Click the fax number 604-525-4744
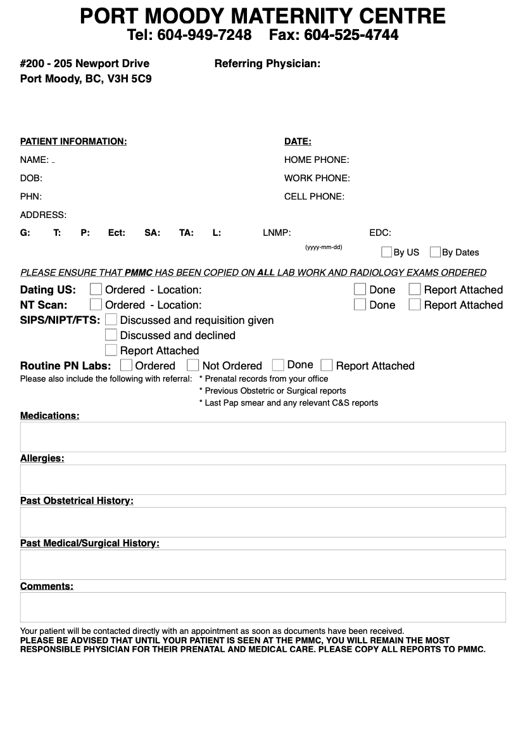[x=351, y=35]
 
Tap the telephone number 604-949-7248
[x=204, y=35]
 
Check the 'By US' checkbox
[x=386, y=252]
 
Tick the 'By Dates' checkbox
[x=435, y=252]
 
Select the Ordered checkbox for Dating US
[x=96, y=289]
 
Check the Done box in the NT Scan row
[x=360, y=304]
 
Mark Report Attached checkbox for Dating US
[x=415, y=289]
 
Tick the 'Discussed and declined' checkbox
[x=111, y=335]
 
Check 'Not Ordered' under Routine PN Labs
[x=193, y=365]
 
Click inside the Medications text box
[x=263, y=437]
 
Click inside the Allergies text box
[x=263, y=479]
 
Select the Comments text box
[x=263, y=607]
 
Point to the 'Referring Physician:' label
[x=267, y=63]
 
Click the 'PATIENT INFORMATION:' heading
[x=73, y=141]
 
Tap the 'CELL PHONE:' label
[x=314, y=197]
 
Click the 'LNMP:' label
[x=277, y=233]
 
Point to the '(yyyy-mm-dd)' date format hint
[x=324, y=247]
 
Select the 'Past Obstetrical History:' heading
[x=77, y=501]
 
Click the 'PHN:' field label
[x=31, y=197]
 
